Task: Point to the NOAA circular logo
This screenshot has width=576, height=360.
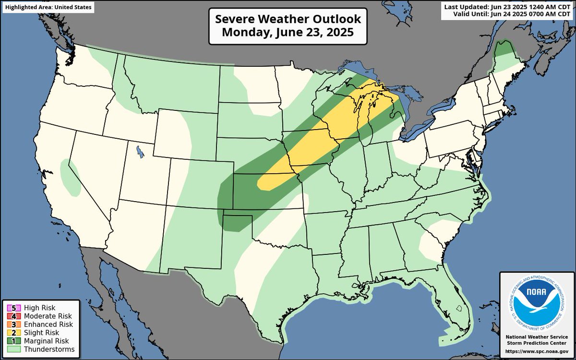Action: pyautogui.click(x=537, y=303)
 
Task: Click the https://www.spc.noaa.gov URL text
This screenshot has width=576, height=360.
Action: pyautogui.click(x=537, y=351)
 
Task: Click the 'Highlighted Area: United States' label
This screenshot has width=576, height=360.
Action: pyautogui.click(x=47, y=7)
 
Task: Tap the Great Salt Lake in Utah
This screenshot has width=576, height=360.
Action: pyautogui.click(x=140, y=153)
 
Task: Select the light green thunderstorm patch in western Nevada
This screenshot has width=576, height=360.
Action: pyautogui.click(x=70, y=178)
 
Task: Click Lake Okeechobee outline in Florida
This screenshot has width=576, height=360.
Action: pyautogui.click(x=458, y=308)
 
